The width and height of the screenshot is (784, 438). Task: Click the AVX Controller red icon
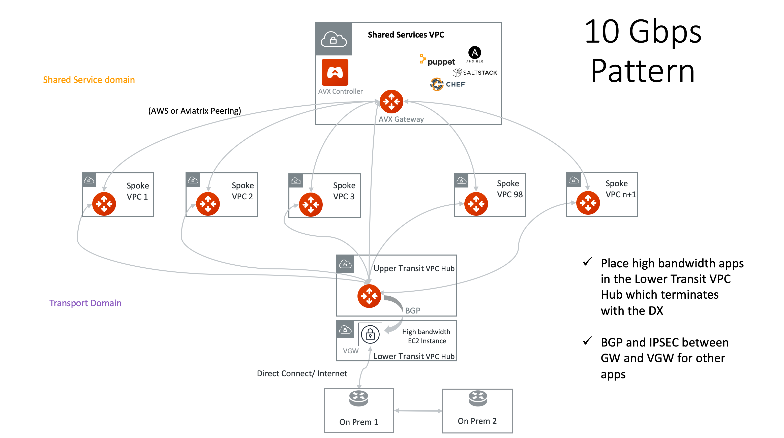coord(335,72)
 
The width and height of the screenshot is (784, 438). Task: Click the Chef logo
coord(448,84)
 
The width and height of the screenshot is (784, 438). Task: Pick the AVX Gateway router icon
coord(391,101)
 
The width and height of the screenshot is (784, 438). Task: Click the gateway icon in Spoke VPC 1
coord(104,204)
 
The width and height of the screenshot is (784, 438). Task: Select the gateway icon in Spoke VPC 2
coord(208,204)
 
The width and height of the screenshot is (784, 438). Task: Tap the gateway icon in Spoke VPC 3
coord(311,204)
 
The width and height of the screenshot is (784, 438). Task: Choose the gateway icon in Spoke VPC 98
coord(476,204)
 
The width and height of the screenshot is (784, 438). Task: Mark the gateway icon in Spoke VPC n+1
coord(588,203)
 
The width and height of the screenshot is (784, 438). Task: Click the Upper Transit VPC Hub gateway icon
coord(369,296)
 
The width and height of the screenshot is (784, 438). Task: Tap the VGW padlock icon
coord(370,335)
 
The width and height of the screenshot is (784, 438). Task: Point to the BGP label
coord(412,310)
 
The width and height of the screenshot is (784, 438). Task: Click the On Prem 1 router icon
coord(358,398)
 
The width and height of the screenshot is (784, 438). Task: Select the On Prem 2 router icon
coord(478,398)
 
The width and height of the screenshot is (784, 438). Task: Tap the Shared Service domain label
coord(88,80)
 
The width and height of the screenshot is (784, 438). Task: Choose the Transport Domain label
coord(85,303)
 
